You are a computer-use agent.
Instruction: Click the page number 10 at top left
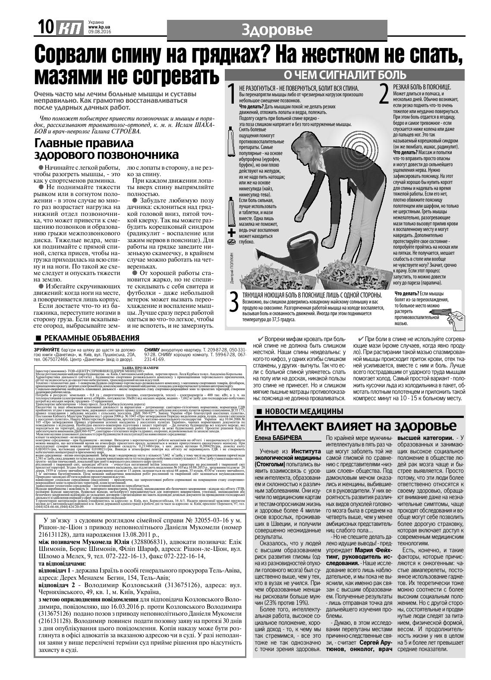point(44,29)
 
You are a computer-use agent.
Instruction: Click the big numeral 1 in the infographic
point(232,94)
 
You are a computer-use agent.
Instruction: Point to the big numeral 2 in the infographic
point(384,94)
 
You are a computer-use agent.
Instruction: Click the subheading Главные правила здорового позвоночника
point(106,149)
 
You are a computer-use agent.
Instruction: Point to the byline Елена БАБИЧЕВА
point(278,438)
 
